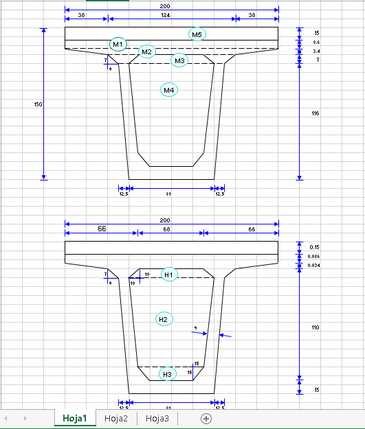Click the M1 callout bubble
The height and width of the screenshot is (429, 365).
[118, 45]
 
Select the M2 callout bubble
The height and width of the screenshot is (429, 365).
[146, 52]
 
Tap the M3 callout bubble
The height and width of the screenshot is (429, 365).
[179, 61]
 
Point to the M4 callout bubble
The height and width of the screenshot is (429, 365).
[169, 90]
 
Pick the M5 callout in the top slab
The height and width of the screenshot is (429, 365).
[197, 34]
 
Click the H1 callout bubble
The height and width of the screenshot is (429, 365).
[169, 275]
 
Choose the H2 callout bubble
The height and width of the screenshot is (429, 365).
[164, 319]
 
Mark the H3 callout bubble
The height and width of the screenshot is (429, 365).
[168, 373]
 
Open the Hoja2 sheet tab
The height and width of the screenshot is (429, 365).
[116, 418]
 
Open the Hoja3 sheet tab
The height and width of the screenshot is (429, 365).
[157, 418]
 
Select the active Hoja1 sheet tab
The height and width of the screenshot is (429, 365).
[75, 418]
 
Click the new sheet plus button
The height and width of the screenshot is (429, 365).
[206, 418]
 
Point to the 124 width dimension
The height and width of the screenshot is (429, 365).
[171, 14]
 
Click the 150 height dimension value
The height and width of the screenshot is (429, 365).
[38, 104]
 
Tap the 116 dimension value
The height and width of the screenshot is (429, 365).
[315, 113]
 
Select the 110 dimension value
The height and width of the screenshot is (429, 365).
[315, 328]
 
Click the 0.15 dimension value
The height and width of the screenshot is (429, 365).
[314, 247]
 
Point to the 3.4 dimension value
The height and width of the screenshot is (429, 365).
[316, 51]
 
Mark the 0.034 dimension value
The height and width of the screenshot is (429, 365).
[314, 266]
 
